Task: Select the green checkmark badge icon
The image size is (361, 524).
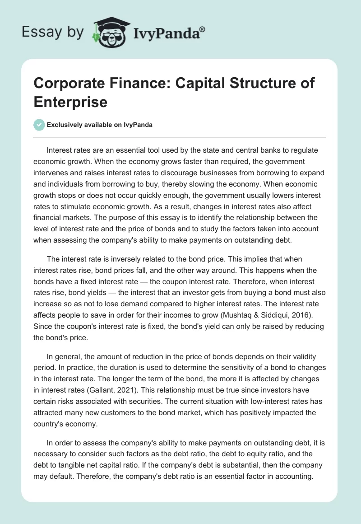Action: pyautogui.click(x=39, y=125)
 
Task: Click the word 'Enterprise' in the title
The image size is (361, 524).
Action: pyautogui.click(x=70, y=102)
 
